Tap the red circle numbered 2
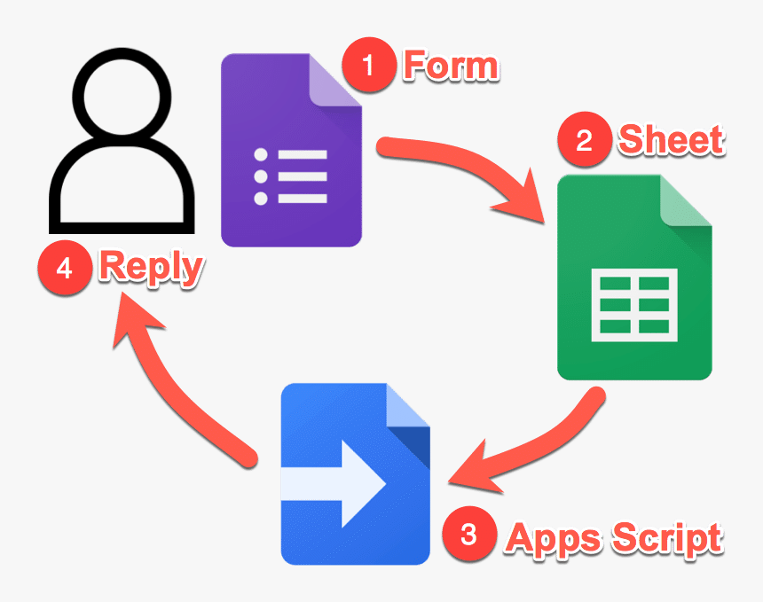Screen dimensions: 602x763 (x=585, y=141)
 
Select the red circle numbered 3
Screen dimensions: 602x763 (x=469, y=536)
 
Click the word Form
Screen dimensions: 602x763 (x=452, y=66)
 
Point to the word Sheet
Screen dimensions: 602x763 (x=672, y=140)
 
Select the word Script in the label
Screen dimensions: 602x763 (x=660, y=537)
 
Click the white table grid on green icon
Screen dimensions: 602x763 (x=633, y=303)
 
